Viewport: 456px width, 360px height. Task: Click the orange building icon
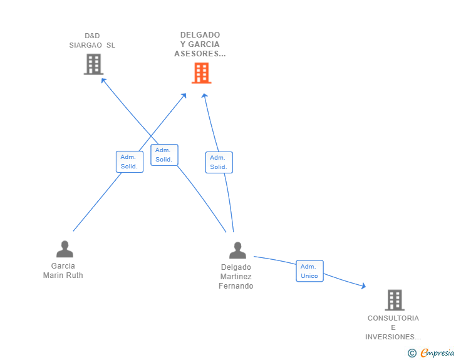[201, 73]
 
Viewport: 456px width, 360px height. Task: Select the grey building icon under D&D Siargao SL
[94, 64]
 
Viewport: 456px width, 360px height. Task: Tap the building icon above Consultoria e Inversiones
[395, 300]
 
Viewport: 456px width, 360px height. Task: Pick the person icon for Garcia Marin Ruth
[65, 249]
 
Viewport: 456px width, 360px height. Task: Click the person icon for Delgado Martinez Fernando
[237, 250]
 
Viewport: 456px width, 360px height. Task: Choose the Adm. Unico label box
[309, 271]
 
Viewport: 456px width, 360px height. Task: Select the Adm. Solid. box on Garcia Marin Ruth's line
[130, 162]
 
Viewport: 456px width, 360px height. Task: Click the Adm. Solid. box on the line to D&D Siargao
[164, 155]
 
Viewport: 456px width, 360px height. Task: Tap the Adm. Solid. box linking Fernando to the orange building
[219, 162]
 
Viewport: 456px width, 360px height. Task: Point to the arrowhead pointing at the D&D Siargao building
[103, 81]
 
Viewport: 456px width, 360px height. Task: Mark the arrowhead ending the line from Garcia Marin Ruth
[184, 96]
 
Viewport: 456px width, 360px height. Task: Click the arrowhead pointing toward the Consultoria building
[363, 286]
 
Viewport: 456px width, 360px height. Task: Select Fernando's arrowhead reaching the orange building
[205, 95]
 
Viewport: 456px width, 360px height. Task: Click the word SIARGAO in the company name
[85, 45]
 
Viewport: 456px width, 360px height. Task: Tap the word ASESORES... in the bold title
[200, 54]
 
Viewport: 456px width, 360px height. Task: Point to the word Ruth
[75, 275]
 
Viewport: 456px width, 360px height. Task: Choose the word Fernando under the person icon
[236, 286]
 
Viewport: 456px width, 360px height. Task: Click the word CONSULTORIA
[393, 318]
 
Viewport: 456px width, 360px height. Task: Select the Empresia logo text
[437, 352]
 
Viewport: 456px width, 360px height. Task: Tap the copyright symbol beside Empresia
[412, 353]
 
